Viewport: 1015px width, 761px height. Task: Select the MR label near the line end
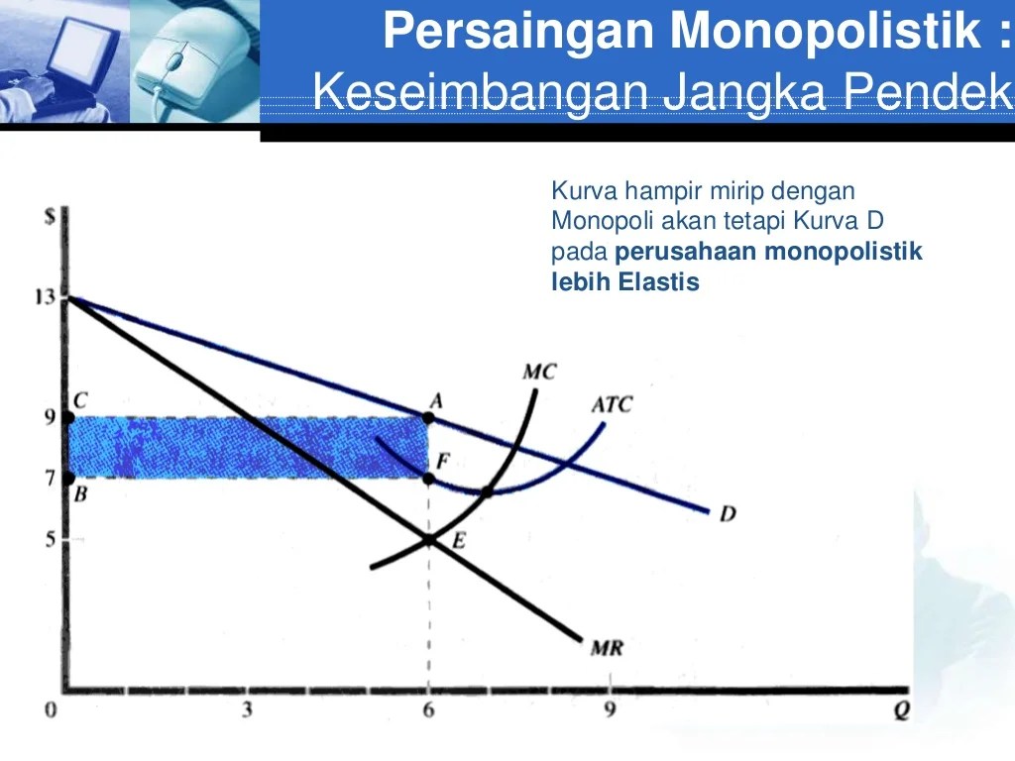coord(606,649)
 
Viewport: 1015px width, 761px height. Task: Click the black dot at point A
coord(428,417)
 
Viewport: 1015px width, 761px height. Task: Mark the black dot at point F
coord(428,478)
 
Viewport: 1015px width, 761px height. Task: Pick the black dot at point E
coord(428,540)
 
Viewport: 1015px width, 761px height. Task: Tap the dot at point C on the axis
coord(67,417)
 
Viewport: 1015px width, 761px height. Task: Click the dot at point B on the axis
coord(67,478)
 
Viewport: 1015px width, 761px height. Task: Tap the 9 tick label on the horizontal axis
coord(611,709)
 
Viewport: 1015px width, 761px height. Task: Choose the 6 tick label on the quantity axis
coord(428,709)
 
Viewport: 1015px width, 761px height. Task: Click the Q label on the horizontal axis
coord(900,711)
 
